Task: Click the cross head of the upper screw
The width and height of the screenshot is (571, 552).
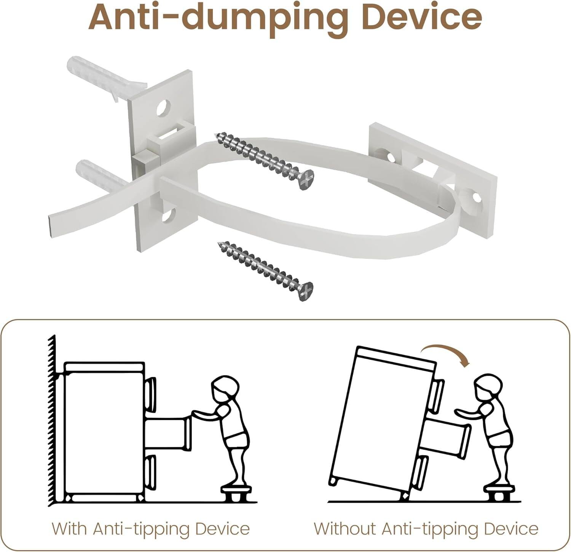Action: tap(306, 180)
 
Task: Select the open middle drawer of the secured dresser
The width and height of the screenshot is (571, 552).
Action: tap(167, 434)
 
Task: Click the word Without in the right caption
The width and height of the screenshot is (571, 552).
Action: tap(345, 529)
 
